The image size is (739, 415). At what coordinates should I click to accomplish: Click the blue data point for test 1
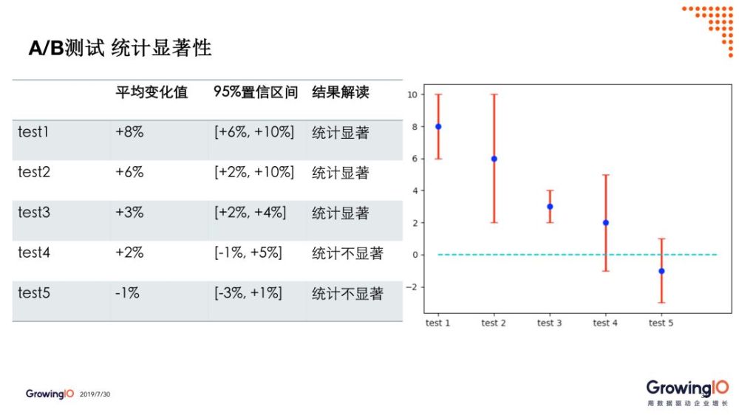point(438,127)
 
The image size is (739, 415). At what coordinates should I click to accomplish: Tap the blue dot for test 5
point(661,271)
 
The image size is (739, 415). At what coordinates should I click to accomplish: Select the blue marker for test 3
point(550,206)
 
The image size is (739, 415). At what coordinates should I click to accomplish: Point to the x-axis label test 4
point(605,323)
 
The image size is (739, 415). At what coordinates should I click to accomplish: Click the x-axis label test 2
point(494,323)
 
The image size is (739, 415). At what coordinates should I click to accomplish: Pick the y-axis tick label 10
point(412,95)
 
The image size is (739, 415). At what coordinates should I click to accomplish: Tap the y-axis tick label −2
point(412,287)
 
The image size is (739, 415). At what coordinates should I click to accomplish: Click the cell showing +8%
point(129,132)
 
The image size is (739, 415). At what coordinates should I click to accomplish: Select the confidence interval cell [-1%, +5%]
point(248,253)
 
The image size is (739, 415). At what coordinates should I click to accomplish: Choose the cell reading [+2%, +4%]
point(251,213)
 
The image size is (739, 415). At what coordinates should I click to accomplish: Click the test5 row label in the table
point(34,293)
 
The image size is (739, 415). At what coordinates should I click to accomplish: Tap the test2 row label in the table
point(34,172)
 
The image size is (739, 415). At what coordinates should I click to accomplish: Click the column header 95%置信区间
point(256,92)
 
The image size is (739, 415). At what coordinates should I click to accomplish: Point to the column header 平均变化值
point(151,92)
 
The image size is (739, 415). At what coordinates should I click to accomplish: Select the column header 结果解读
point(340,92)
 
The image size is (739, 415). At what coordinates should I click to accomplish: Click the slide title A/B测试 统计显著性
point(120,48)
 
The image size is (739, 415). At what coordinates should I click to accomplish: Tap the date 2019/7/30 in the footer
point(95,394)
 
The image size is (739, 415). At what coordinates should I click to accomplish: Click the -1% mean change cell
point(127,293)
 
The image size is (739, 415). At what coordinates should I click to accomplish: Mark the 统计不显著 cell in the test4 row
point(347,253)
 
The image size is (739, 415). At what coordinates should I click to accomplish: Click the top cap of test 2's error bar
point(494,95)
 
